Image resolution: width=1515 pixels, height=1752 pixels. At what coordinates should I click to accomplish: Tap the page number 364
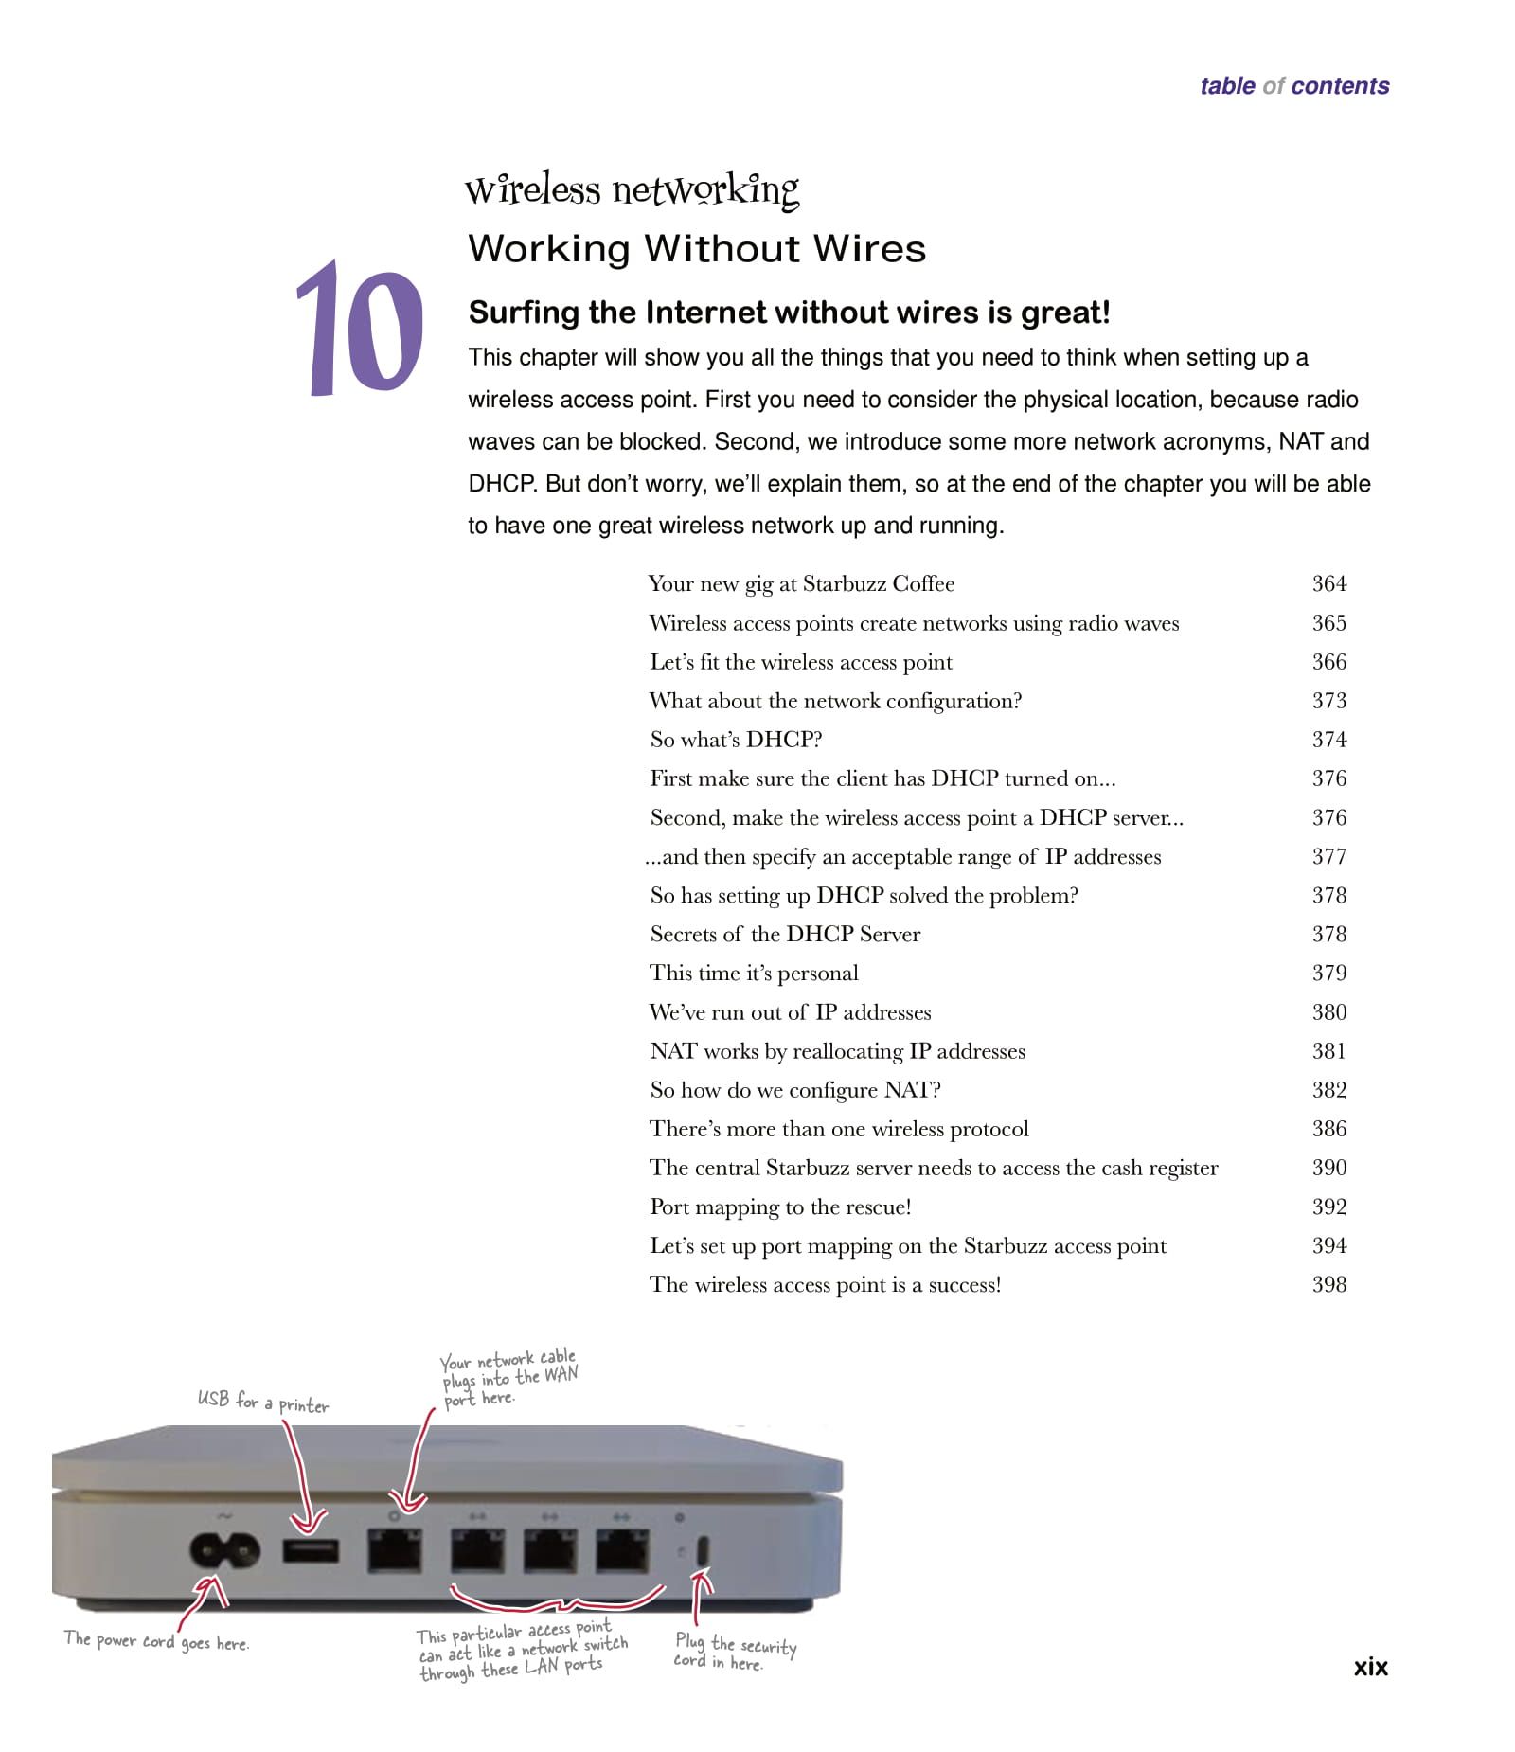pos(1328,583)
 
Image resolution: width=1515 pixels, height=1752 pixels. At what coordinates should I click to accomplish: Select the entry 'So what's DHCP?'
pos(736,739)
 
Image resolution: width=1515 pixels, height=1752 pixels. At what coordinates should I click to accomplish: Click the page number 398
pos(1328,1284)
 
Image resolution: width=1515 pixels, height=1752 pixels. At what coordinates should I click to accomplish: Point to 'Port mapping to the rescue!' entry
pos(780,1207)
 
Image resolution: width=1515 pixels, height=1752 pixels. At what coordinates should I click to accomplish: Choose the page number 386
pos(1328,1128)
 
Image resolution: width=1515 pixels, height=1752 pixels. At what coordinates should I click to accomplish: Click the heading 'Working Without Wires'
pos(697,249)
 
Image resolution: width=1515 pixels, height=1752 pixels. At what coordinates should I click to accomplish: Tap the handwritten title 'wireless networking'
pos(632,190)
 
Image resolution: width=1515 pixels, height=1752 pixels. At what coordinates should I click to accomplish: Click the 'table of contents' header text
pos(1293,86)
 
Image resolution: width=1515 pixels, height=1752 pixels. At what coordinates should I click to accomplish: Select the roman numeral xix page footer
pos(1370,1667)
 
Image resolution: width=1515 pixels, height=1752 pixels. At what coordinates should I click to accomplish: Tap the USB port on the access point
pos(311,1551)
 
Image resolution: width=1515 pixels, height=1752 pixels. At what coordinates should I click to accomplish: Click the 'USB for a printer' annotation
pos(263,1402)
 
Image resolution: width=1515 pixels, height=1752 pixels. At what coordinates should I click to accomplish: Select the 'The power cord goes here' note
pos(156,1641)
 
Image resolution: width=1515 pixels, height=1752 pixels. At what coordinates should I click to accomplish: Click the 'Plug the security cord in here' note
pos(735,1653)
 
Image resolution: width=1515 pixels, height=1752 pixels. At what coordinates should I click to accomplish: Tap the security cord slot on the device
pos(703,1551)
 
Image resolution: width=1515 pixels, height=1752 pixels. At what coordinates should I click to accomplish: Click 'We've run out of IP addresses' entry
pos(790,1011)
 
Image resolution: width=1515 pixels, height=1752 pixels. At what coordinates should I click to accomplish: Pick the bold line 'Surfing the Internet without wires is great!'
pos(789,313)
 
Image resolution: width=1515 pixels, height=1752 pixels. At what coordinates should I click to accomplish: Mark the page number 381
pos(1328,1050)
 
